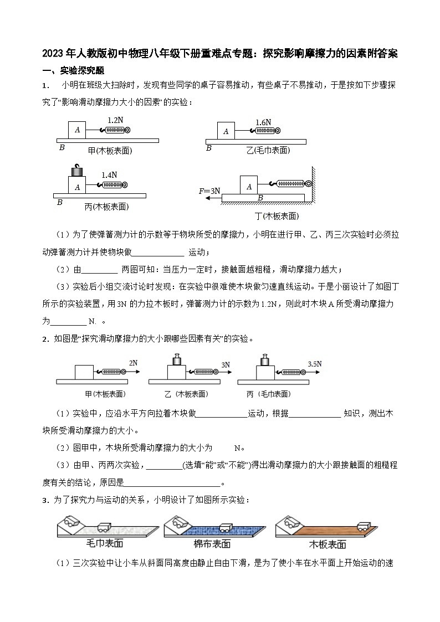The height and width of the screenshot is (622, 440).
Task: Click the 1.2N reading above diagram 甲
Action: (115, 120)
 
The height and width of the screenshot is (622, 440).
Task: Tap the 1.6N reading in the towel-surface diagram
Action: (263, 122)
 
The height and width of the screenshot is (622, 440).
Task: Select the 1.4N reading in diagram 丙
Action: (110, 174)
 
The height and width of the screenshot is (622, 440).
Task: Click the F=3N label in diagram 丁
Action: (209, 191)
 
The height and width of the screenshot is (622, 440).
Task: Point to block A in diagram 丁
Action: (249, 186)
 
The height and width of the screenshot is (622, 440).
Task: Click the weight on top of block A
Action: (76, 170)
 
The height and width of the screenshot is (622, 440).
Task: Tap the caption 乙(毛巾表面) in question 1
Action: (268, 150)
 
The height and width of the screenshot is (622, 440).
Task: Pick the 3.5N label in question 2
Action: (314, 364)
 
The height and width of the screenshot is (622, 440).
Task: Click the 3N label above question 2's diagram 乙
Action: (226, 365)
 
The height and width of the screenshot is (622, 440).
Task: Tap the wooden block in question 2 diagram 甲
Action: (84, 371)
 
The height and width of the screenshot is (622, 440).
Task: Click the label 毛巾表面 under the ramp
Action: (105, 543)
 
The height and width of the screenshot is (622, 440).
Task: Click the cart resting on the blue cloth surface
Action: (226, 527)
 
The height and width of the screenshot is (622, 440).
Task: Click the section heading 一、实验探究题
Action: (74, 70)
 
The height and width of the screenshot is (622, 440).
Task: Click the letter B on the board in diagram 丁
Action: (260, 198)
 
